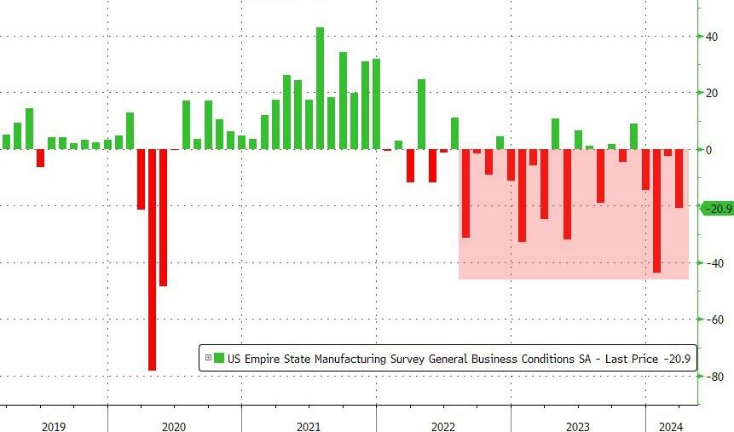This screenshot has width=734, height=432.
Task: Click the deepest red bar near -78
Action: tap(152, 259)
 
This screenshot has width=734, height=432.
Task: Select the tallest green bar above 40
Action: tap(320, 88)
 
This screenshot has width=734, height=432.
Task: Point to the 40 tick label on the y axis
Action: tap(708, 37)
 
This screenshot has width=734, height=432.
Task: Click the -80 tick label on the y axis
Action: tap(710, 377)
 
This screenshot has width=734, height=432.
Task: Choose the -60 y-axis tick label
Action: tap(710, 320)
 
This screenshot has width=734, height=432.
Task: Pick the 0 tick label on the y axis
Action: tap(707, 150)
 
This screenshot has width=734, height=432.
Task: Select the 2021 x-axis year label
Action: tap(308, 427)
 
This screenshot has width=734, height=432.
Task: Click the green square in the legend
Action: tap(218, 359)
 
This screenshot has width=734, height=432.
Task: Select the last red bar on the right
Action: tap(679, 178)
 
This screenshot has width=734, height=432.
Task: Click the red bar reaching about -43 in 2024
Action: tap(656, 210)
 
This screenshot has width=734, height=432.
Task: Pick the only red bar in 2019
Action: tap(40, 158)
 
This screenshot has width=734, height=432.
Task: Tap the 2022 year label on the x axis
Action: tap(442, 427)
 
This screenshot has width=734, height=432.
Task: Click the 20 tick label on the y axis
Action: tap(708, 93)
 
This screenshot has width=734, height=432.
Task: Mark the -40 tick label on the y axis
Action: tap(710, 263)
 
